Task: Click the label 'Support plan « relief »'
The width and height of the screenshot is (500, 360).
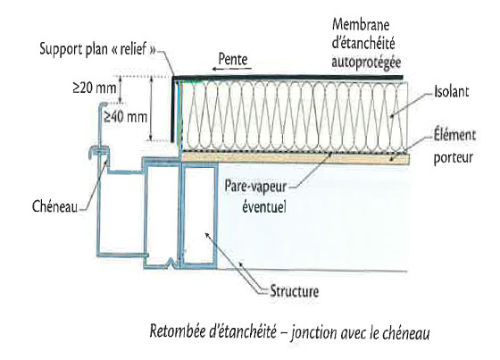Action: (x=98, y=49)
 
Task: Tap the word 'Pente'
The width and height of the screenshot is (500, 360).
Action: (x=233, y=59)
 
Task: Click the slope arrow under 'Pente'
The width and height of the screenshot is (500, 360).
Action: (x=232, y=69)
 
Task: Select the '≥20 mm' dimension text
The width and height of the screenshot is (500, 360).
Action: (x=95, y=88)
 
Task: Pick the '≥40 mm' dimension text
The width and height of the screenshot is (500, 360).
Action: (x=125, y=117)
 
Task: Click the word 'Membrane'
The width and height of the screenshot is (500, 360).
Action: (x=361, y=25)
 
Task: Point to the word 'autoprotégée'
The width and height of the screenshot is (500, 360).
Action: (x=366, y=63)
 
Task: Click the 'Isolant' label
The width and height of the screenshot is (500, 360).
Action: (x=451, y=92)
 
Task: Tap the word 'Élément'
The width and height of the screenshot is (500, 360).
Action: (x=454, y=135)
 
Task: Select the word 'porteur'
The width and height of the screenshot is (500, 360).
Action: (x=453, y=158)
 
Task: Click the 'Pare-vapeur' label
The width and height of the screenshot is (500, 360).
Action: (x=255, y=187)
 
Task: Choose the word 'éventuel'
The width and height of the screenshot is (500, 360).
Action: (x=264, y=206)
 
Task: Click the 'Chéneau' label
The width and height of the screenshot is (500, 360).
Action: (x=54, y=206)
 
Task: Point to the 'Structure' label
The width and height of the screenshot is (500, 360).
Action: (x=294, y=291)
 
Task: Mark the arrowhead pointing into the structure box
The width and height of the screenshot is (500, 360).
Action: (x=207, y=236)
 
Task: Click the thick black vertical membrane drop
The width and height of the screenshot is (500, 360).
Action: (x=173, y=110)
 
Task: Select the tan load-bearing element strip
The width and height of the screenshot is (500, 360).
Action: (x=296, y=159)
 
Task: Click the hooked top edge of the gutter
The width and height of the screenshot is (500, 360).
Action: (x=103, y=105)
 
